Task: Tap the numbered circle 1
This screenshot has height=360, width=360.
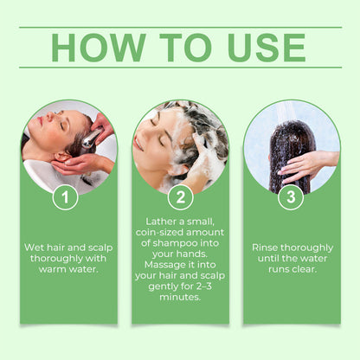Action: coord(65,197)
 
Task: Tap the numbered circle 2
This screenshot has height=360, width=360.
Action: coord(180,197)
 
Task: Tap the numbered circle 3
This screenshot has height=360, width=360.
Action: coord(291,197)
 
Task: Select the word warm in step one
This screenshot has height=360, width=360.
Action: coord(49,271)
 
